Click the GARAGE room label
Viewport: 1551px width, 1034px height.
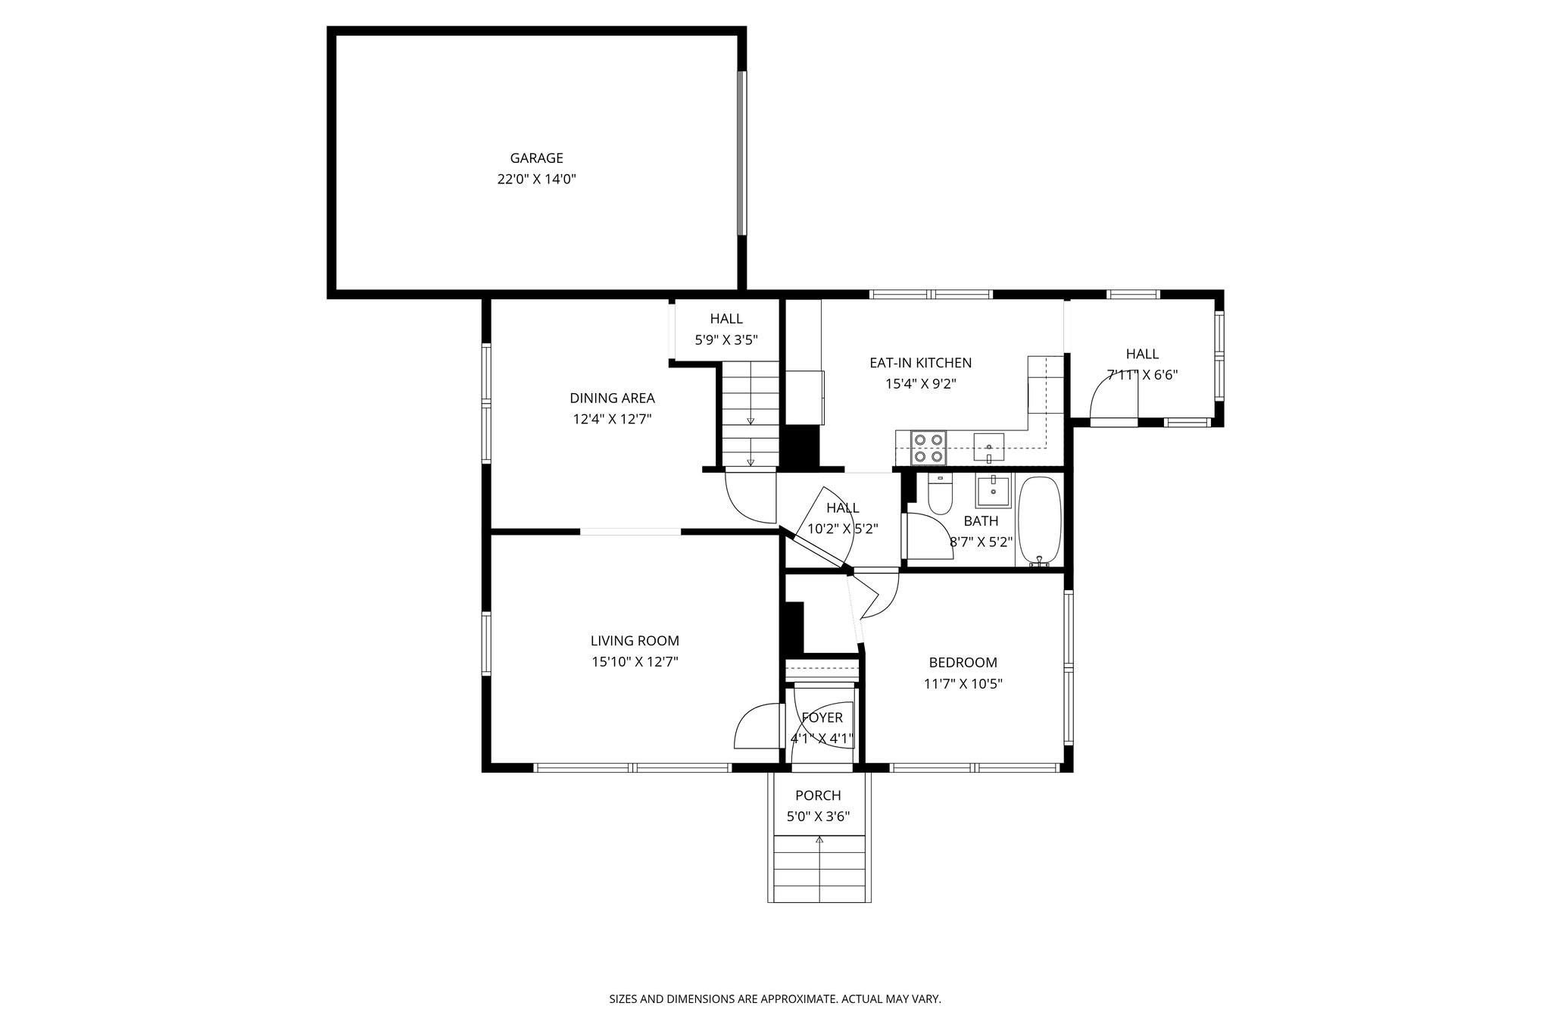point(536,158)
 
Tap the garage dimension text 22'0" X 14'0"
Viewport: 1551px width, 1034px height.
point(536,180)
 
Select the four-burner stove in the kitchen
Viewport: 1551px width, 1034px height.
point(928,447)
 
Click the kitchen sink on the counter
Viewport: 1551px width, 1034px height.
point(988,447)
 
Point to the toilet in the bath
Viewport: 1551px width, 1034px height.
point(939,496)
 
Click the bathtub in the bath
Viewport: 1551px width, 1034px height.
point(1040,520)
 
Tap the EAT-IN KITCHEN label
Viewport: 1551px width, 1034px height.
point(920,363)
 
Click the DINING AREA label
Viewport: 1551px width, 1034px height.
point(612,398)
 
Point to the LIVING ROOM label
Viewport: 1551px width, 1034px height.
point(635,641)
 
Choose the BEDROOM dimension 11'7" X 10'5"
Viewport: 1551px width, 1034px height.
point(963,684)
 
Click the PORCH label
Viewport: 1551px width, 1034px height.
point(818,795)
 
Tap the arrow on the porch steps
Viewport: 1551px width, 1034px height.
point(819,840)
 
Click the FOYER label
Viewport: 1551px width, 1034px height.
point(822,717)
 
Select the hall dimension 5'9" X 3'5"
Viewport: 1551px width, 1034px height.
point(726,340)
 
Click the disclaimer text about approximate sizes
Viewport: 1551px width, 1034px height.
point(775,999)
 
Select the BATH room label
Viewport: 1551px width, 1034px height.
point(981,521)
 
